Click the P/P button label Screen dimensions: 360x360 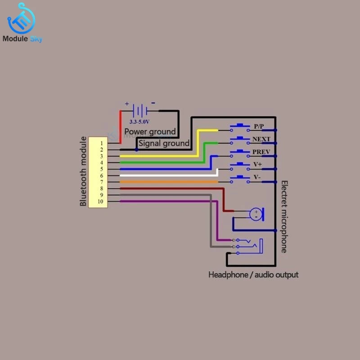tap(259, 126)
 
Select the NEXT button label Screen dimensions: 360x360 tap(261, 139)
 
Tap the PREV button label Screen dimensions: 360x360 tap(261, 152)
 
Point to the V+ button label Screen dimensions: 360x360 tap(258, 165)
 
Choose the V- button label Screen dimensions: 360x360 tap(257, 178)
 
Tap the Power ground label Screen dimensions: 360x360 tap(150, 131)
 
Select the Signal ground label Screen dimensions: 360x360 tap(164, 143)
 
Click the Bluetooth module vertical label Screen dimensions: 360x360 tap(83, 172)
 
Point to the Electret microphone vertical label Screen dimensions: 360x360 tap(284, 216)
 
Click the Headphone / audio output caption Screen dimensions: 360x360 tap(253, 274)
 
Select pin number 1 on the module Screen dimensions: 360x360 tap(102, 143)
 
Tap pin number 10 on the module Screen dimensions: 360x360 tap(100, 202)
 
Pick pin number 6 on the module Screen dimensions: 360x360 tap(102, 175)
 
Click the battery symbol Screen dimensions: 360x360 tap(141, 110)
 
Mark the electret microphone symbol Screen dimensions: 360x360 tap(257, 213)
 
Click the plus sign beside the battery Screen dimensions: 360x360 tap(127, 104)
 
